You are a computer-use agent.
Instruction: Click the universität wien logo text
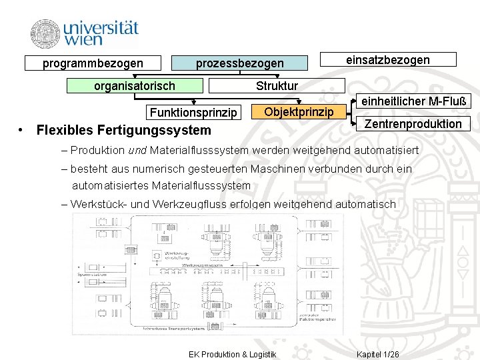click(101, 33)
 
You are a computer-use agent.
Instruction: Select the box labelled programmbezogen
click(93, 63)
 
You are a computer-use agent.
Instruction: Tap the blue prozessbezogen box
click(239, 63)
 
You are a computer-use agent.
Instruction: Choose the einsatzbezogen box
click(388, 60)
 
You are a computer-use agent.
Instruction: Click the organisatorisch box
click(135, 85)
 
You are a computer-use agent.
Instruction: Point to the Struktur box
click(277, 85)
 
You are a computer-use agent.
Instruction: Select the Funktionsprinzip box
click(193, 111)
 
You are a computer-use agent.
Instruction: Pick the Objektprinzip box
click(299, 111)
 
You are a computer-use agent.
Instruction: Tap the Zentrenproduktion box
click(413, 123)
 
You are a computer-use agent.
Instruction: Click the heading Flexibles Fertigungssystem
click(123, 129)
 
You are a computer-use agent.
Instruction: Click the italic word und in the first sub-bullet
click(137, 150)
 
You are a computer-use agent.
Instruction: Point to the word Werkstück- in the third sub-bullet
click(98, 204)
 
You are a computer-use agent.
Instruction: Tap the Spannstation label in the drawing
click(91, 274)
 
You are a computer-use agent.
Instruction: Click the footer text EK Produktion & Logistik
click(232, 353)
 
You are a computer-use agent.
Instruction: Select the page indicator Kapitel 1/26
click(378, 353)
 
